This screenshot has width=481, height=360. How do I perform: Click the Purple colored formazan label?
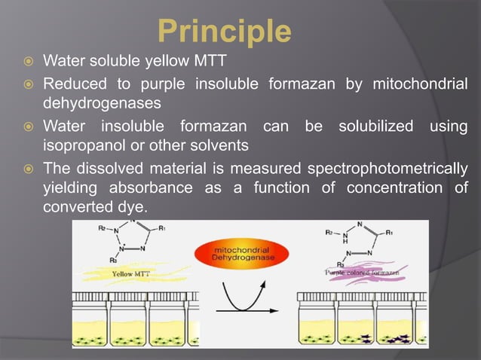point(361,272)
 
